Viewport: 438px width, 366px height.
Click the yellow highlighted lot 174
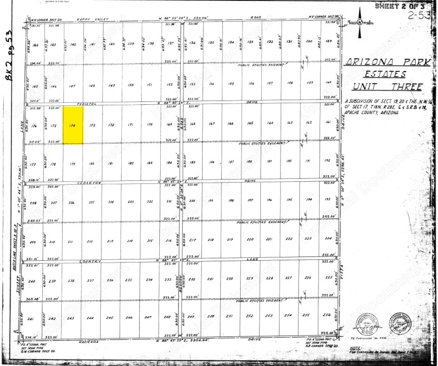click(73, 125)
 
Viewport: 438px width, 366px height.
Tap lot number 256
click(327, 315)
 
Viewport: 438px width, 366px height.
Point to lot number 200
click(192, 201)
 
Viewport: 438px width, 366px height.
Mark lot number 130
click(308, 42)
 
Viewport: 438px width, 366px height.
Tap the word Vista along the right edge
click(343, 273)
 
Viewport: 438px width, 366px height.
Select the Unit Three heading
click(388, 86)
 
